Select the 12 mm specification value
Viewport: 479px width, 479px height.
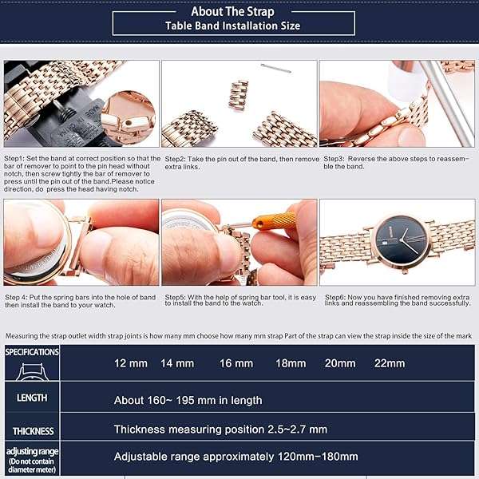[131, 363]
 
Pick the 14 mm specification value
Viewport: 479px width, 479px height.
[177, 363]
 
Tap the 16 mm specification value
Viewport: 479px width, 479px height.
[236, 363]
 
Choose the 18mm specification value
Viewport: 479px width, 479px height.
[291, 363]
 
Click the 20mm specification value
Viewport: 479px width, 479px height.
[340, 363]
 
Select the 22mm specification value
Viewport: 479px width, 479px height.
[390, 363]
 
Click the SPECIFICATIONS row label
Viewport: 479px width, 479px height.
[32, 351]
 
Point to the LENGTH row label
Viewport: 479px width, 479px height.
[32, 398]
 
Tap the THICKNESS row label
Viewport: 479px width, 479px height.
[33, 431]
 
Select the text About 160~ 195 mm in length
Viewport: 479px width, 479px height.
[188, 400]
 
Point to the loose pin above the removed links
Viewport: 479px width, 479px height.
[275, 68]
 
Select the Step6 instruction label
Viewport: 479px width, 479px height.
[335, 297]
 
